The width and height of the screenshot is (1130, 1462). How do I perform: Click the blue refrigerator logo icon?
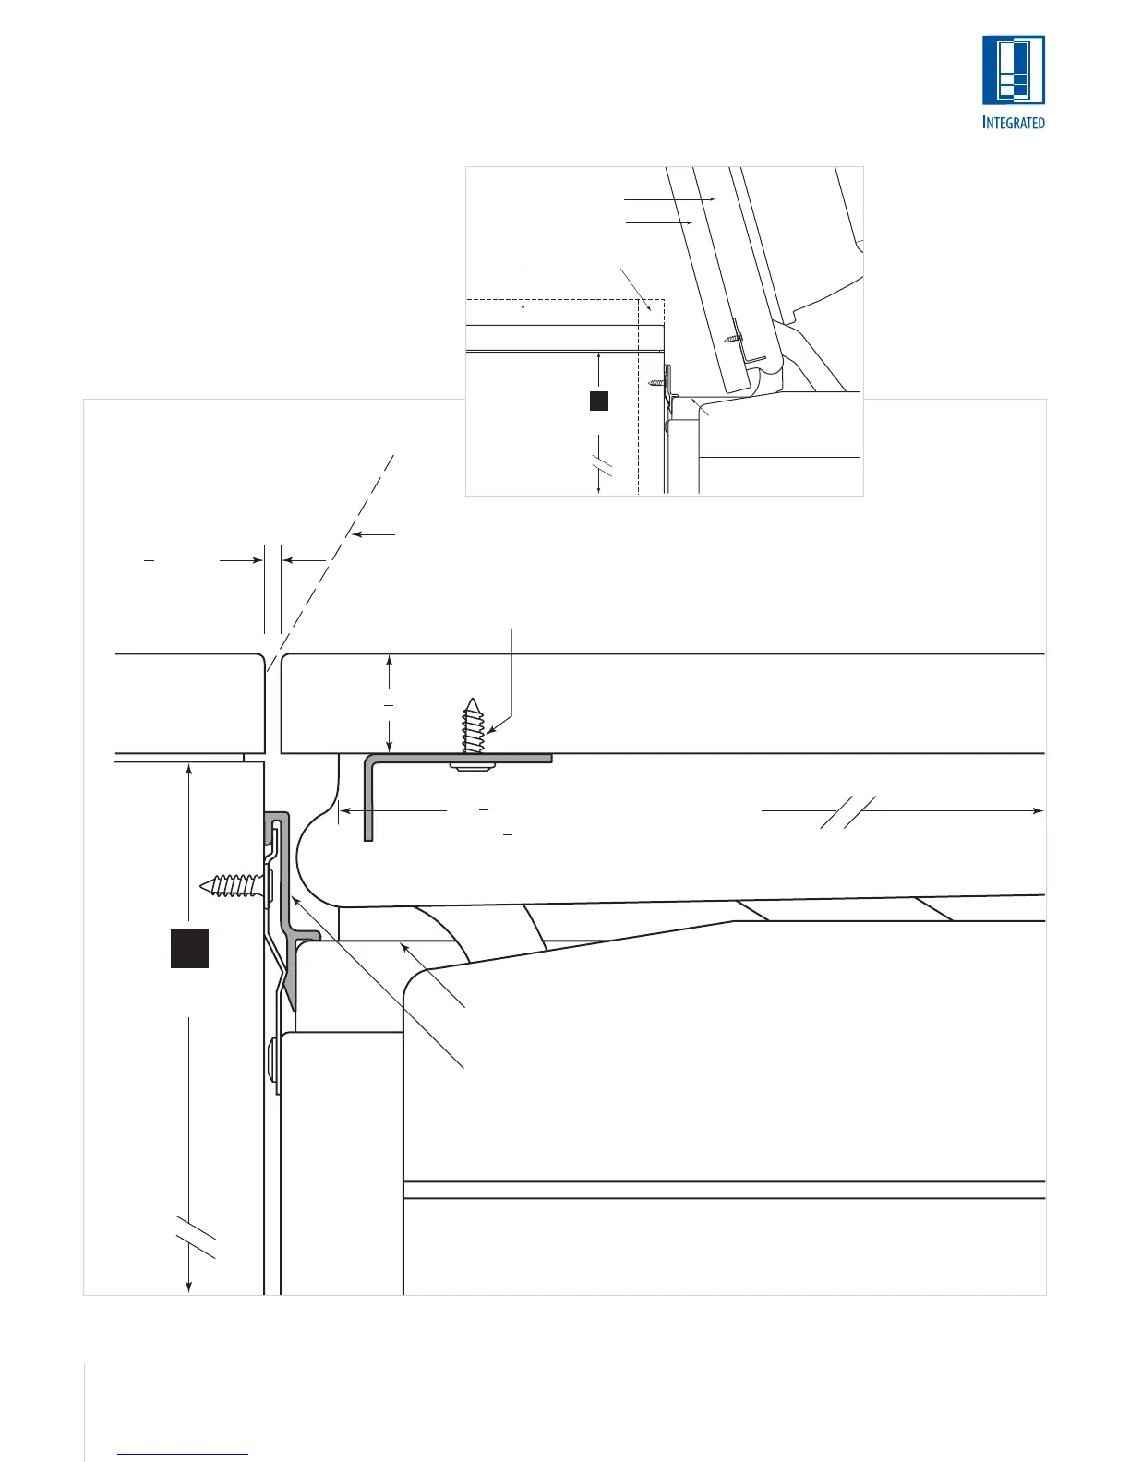1013,69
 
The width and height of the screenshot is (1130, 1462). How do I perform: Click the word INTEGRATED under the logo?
1013,122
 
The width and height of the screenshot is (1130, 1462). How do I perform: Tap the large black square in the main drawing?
189,949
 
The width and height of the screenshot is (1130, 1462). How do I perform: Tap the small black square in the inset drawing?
598,400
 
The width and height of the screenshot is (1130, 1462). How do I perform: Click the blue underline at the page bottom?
183,1455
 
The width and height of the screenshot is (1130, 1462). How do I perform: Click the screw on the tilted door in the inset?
733,338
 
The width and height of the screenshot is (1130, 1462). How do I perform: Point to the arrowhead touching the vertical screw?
491,729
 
